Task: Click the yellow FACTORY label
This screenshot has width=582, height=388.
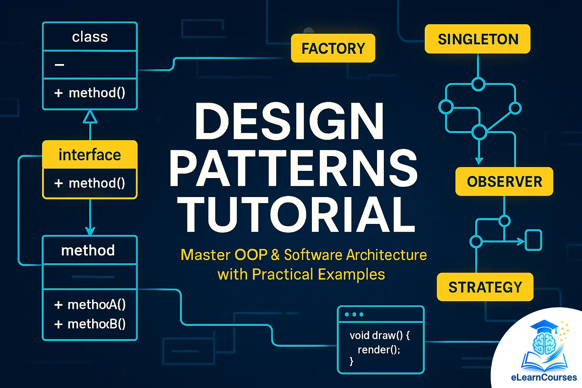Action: pos(333,48)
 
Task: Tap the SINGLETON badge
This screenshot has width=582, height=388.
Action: pos(477,39)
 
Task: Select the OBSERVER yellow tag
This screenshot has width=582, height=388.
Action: pos(504,181)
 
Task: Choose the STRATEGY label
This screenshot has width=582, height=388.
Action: pos(485,287)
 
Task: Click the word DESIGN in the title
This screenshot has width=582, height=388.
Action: pos(289,121)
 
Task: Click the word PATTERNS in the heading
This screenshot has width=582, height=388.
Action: pos(294,168)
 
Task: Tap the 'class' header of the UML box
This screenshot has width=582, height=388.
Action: pos(90,37)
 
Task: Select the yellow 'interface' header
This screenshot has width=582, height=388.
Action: pos(90,155)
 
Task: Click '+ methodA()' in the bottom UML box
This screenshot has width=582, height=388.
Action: pos(90,304)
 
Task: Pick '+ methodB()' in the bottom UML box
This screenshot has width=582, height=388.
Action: pos(90,324)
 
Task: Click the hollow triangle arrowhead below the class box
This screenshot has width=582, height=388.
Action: pos(90,117)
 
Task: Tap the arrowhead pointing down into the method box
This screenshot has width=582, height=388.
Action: pos(90,230)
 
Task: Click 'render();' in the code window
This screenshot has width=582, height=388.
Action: pos(379,349)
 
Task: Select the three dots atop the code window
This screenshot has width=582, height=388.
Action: pos(354,314)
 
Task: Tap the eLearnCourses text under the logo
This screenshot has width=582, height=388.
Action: pos(544,377)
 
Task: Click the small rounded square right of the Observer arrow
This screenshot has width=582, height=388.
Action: pos(533,240)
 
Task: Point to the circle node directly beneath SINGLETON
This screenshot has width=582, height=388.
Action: pos(478,84)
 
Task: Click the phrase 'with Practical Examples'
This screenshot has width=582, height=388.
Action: pos(301,274)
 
